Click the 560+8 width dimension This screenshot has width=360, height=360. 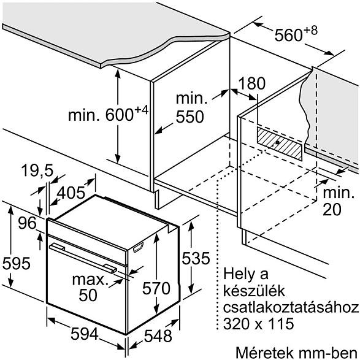coord(296,34)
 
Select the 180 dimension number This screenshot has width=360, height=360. coord(252,83)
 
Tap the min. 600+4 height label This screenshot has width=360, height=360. coord(109,114)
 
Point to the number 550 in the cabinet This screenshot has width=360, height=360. coord(190,117)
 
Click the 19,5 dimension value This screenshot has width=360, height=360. coord(37,171)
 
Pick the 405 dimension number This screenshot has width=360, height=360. coord(71,193)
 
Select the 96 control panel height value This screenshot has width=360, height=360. coord(28,223)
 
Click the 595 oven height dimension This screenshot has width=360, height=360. coord(17,263)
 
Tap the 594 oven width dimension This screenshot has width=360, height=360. coord(85,334)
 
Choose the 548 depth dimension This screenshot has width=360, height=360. coord(158,336)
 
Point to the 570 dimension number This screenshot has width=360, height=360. coord(156,288)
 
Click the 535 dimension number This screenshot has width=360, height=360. coord(196,258)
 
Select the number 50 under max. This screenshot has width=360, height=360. coord(88,295)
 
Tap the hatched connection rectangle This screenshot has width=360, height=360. coord(280,144)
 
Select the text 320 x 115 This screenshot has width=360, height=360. coord(259,324)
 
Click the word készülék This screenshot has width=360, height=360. coord(254,291)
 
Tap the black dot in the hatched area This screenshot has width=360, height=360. coord(278,142)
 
